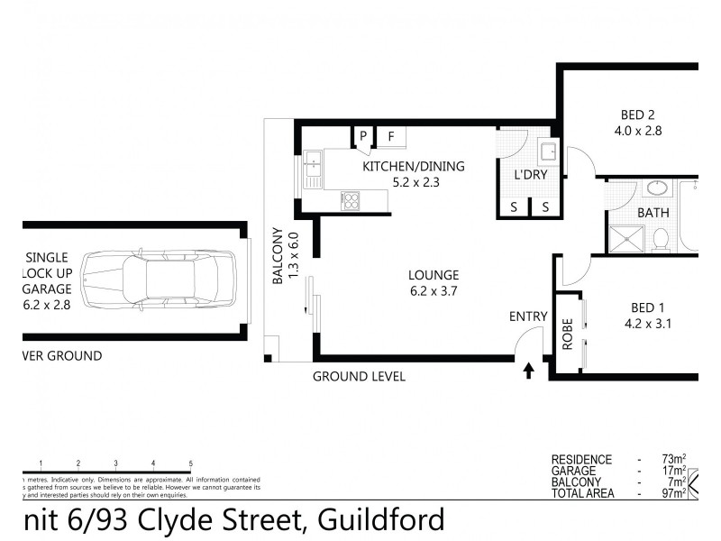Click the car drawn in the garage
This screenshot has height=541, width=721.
coord(158,280)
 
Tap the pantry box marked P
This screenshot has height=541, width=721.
coord(363,137)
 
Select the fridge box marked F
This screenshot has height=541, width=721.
coord(391,137)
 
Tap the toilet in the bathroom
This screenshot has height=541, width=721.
coord(661,238)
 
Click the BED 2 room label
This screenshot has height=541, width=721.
coord(637,115)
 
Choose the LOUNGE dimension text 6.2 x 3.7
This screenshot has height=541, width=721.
coord(434,290)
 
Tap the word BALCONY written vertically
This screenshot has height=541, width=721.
coord(278,258)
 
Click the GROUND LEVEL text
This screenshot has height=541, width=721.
coord(359,376)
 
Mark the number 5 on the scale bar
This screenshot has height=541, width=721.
coord(191,463)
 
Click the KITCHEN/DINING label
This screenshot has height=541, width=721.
coord(413,166)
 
